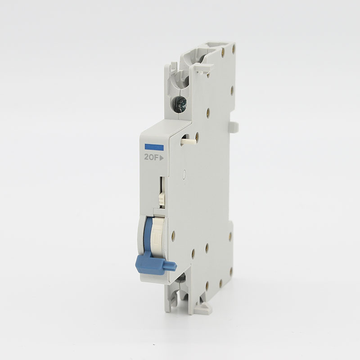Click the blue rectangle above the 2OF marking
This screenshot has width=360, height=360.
[154, 148]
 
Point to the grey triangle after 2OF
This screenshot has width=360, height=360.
[162, 158]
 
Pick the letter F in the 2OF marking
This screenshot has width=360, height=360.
[157, 157]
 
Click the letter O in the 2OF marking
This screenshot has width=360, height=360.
[151, 157]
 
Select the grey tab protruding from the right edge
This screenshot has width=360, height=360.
[234, 127]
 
